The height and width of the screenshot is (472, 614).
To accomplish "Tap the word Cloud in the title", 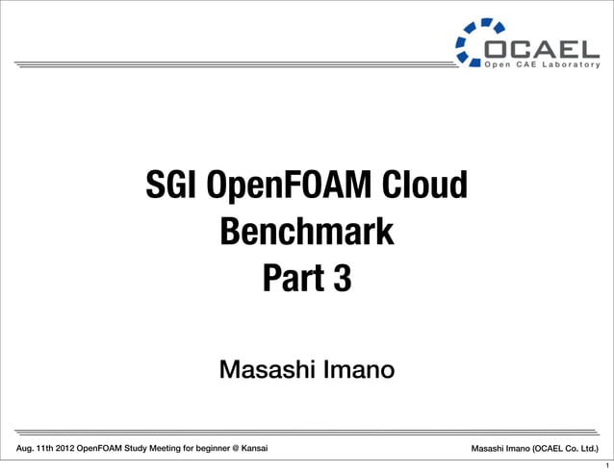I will point(424,186).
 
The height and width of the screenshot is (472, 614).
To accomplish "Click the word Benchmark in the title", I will point(307,232).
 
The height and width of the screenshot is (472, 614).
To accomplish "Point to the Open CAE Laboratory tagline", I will point(547,64).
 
